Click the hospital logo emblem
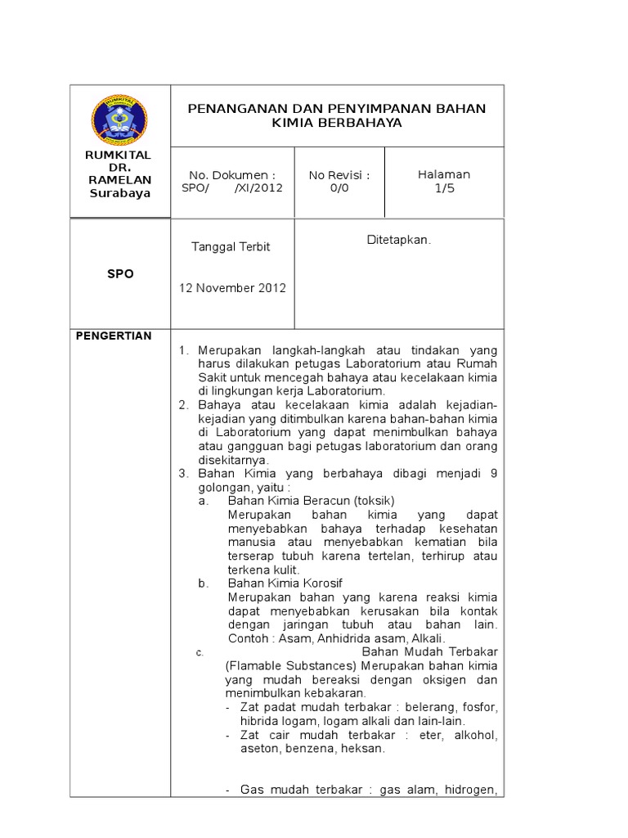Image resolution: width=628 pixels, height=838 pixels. (120, 117)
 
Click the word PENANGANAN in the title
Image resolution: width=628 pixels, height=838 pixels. (235, 108)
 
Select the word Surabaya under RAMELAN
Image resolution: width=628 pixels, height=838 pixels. (120, 193)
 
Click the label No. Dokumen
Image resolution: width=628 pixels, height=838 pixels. (232, 174)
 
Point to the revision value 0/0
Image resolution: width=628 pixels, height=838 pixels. (339, 187)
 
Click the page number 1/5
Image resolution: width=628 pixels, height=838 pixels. (444, 187)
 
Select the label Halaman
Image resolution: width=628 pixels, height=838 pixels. (444, 174)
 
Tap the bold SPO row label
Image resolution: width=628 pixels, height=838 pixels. (120, 274)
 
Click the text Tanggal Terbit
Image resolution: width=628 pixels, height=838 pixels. (231, 246)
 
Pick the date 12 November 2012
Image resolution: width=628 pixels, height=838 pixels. (232, 287)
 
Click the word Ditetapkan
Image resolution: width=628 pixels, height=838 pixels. (399, 240)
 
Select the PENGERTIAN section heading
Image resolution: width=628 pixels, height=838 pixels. (114, 336)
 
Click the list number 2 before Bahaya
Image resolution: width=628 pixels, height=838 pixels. (183, 405)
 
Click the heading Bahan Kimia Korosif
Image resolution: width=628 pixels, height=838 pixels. (285, 583)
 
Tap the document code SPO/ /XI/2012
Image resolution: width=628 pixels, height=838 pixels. (232, 187)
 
